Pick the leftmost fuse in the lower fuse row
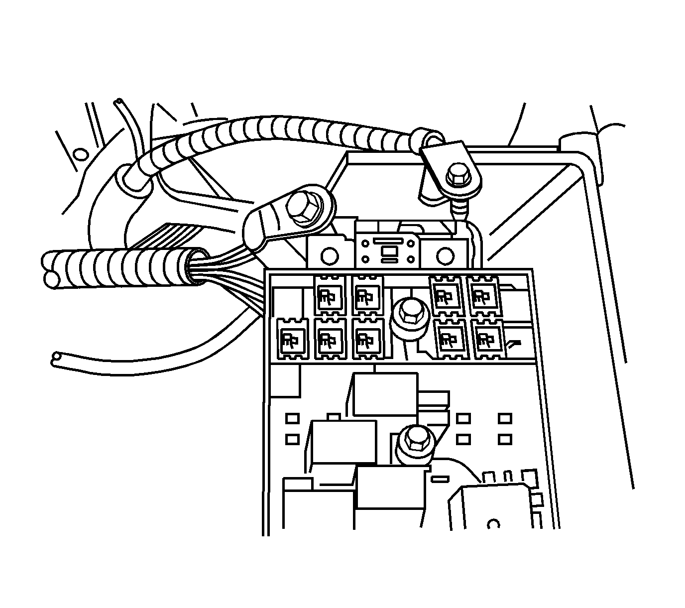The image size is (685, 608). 290,340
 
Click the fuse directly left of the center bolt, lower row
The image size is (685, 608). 367,339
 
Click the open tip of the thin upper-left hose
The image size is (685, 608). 118,103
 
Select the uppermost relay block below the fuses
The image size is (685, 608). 385,393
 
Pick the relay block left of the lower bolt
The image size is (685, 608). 343,441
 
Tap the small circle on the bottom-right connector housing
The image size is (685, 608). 493,524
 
